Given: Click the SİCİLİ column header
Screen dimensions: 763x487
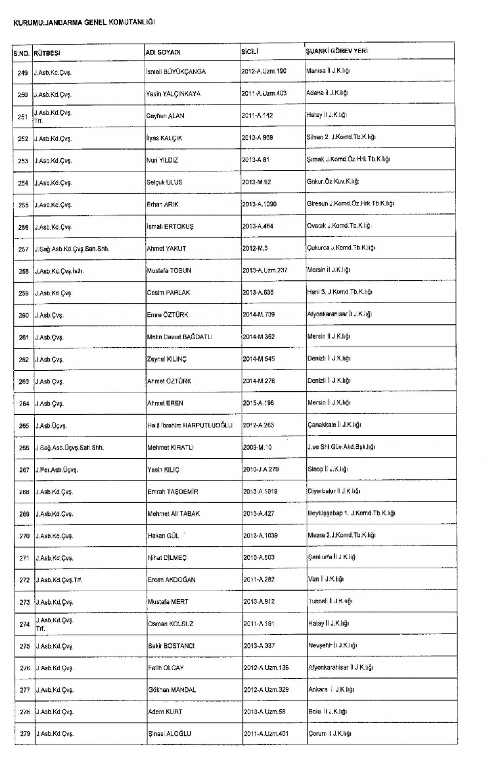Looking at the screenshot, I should pyautogui.click(x=250, y=51).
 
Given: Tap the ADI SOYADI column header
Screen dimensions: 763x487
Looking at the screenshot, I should pyautogui.click(x=163, y=52).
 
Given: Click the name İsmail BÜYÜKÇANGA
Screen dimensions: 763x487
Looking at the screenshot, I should pyautogui.click(x=176, y=72).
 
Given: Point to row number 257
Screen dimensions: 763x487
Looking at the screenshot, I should pyautogui.click(x=23, y=249).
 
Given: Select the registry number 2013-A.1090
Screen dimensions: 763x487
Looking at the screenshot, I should pyautogui.click(x=259, y=204).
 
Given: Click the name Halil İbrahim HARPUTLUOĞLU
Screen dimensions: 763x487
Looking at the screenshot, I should pyautogui.click(x=190, y=425).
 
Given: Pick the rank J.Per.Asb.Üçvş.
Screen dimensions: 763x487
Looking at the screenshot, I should pyautogui.click(x=56, y=470).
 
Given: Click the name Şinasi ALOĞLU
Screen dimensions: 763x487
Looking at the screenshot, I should pyautogui.click(x=169, y=734).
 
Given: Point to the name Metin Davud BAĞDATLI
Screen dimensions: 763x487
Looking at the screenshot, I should pyautogui.click(x=180, y=337).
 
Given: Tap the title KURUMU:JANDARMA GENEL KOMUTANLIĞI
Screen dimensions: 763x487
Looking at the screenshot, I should pyautogui.click(x=84, y=23).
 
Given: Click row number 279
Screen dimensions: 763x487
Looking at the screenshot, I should pyautogui.click(x=25, y=734).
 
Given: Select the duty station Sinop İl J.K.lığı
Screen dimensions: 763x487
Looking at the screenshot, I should pyautogui.click(x=328, y=469).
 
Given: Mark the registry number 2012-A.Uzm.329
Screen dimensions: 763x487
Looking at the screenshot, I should pyautogui.click(x=266, y=689).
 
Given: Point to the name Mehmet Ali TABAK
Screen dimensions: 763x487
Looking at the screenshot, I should pyautogui.click(x=173, y=514).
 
